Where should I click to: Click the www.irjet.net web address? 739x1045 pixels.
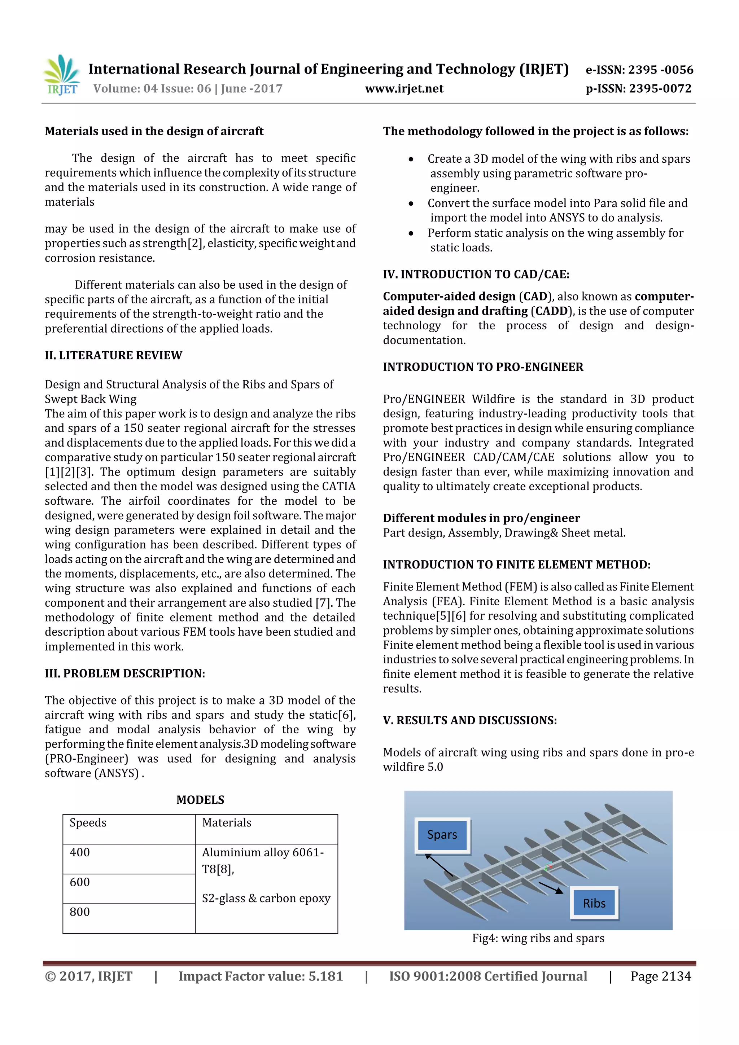click(x=404, y=88)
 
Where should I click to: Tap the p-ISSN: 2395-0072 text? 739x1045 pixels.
click(x=638, y=88)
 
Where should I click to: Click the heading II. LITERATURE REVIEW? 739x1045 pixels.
click(x=113, y=355)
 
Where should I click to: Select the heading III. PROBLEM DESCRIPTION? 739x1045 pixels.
click(x=125, y=673)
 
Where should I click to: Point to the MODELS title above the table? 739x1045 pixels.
click(x=200, y=800)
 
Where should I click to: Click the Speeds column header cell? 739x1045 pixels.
click(x=129, y=829)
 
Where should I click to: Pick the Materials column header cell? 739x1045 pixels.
click(x=266, y=829)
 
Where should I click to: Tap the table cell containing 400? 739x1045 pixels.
click(x=129, y=859)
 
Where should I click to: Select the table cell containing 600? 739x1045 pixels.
click(x=129, y=888)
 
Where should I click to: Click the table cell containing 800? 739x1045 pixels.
click(x=129, y=918)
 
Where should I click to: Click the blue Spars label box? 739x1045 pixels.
click(x=442, y=835)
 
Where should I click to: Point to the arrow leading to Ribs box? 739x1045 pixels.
click(x=551, y=887)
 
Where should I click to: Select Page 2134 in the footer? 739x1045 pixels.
click(x=660, y=976)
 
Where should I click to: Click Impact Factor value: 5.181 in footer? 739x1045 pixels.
click(x=261, y=976)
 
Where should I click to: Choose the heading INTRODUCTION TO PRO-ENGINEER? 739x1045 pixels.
click(x=483, y=367)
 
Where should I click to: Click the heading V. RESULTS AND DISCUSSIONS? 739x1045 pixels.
click(x=470, y=720)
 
